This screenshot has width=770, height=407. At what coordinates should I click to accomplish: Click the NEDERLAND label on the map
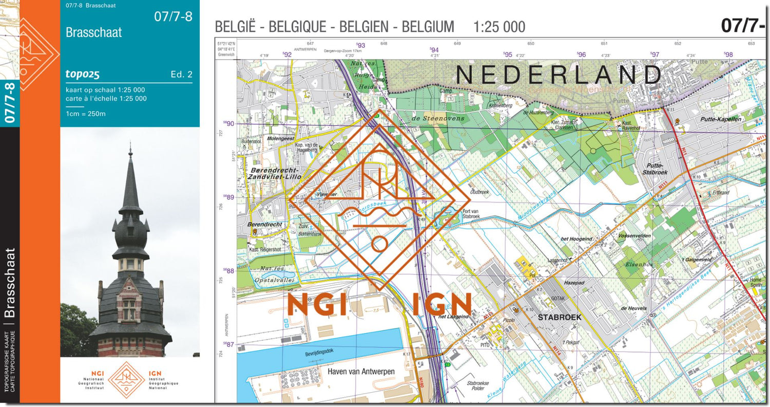pos(559,75)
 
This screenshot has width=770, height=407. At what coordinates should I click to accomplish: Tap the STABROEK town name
pos(560,317)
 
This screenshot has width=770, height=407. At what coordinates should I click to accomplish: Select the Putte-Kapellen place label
pos(721,119)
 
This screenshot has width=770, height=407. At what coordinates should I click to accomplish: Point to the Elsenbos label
pos(639,265)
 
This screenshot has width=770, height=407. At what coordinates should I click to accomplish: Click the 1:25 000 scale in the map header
pos(499,27)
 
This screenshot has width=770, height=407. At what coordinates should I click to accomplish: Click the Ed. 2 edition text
pos(181,75)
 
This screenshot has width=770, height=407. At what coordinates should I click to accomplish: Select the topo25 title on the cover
pos(82,75)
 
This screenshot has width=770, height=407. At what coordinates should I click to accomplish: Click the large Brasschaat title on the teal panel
pos(94,32)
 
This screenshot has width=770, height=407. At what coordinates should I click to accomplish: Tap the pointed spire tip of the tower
pos(130,150)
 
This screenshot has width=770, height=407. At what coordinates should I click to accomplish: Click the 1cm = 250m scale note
pos(86,114)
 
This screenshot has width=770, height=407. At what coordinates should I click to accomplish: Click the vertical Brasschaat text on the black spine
pos(10,283)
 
